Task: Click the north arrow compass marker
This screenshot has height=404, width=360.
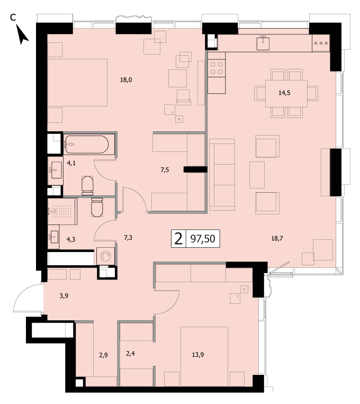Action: pyautogui.click(x=22, y=34)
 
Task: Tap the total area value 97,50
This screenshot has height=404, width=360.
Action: pyautogui.click(x=203, y=239)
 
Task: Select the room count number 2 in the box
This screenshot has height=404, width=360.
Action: pyautogui.click(x=178, y=239)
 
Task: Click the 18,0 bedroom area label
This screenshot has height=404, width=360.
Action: pyautogui.click(x=126, y=80)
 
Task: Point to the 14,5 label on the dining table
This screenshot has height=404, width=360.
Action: pyautogui.click(x=284, y=93)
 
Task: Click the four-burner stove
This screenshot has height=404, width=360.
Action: pyautogui.click(x=217, y=68)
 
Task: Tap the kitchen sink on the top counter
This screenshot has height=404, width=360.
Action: pyautogui.click(x=263, y=43)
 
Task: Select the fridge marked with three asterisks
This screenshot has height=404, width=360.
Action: pyautogui.click(x=321, y=43)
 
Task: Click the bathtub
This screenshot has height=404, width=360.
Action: pyautogui.click(x=87, y=145)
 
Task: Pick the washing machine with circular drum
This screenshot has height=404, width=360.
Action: pyautogui.click(x=106, y=256)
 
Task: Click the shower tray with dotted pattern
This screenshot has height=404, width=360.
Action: pyautogui.click(x=62, y=212)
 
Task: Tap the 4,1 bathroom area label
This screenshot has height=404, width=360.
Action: pyautogui.click(x=71, y=163)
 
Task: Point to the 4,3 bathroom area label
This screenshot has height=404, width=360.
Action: pyautogui.click(x=71, y=239)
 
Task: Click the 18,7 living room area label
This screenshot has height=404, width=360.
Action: pyautogui.click(x=277, y=238)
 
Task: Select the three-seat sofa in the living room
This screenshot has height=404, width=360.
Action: pyautogui.click(x=222, y=175)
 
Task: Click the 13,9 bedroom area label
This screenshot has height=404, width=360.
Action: pyautogui.click(x=198, y=355)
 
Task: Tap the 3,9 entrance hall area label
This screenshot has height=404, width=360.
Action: pyautogui.click(x=64, y=296)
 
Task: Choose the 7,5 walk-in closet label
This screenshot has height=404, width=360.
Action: pyautogui.click(x=165, y=170)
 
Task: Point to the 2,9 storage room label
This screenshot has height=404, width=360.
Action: pyautogui.click(x=103, y=355)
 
